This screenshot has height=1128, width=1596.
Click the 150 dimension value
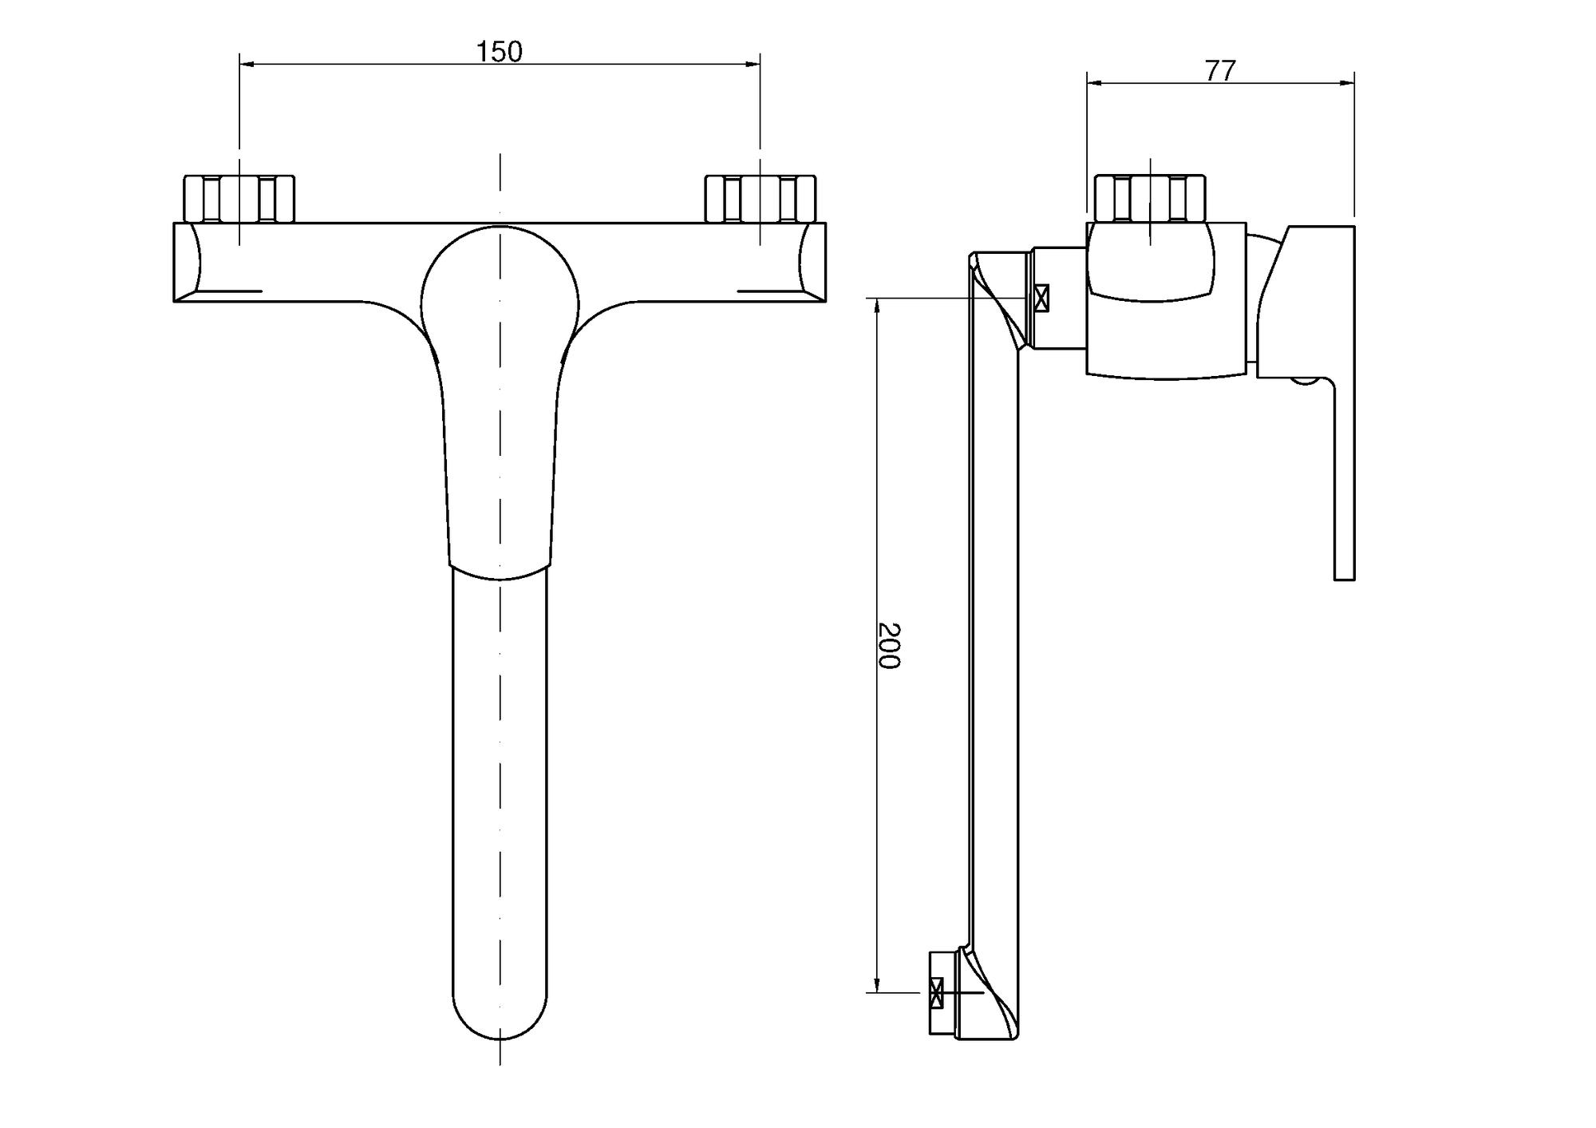(x=499, y=52)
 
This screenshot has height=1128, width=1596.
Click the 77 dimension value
(x=1220, y=71)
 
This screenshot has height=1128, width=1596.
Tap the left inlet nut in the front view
(x=239, y=199)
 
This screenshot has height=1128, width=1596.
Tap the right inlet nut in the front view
(x=760, y=199)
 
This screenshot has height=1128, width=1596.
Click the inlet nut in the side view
(x=1150, y=199)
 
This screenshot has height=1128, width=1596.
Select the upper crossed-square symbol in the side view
(x=1041, y=298)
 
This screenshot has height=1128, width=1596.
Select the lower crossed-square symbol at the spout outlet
(x=936, y=993)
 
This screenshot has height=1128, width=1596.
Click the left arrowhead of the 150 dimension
(x=247, y=64)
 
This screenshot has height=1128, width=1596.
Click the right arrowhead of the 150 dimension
(x=753, y=64)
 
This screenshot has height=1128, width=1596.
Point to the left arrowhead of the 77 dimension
(x=1094, y=82)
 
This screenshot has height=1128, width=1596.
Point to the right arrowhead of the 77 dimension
(x=1347, y=82)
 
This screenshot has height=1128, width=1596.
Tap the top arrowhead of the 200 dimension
(x=877, y=306)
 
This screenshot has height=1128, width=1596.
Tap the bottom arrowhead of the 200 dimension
(x=877, y=985)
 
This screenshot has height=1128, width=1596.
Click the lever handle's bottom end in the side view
(x=1345, y=578)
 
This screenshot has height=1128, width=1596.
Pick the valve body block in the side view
(x=1166, y=299)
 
